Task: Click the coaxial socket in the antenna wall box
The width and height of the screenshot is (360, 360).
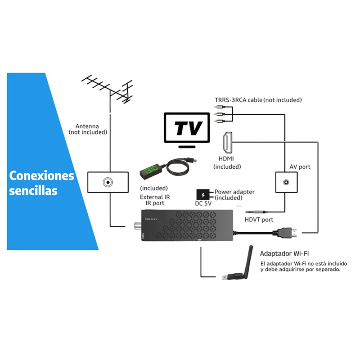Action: (x=108, y=183)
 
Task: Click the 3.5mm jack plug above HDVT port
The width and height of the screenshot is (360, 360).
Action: (x=256, y=211)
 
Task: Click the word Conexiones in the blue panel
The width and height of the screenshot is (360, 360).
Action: (x=42, y=175)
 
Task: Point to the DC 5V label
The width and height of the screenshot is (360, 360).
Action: (x=203, y=204)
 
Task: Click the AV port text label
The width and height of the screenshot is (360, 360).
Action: (x=299, y=166)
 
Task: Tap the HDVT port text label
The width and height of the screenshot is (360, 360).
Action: (x=259, y=220)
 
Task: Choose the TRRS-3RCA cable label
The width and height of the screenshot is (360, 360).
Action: (x=258, y=100)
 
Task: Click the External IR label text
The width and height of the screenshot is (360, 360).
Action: (x=155, y=197)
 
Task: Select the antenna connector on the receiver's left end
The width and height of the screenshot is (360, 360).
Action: (x=135, y=225)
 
